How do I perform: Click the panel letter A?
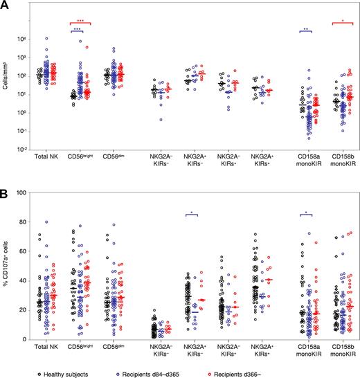[x=5, y=6]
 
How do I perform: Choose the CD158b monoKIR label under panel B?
[x=339, y=350]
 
